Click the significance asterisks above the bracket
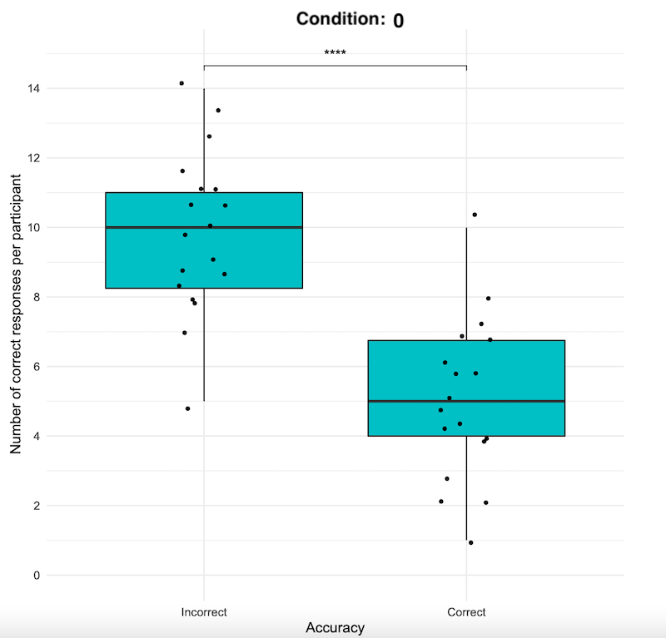pos(335,54)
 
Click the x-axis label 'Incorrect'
pos(204,612)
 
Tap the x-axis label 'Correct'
pos(466,612)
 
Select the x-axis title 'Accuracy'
pos(335,628)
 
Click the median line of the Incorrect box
pos(204,227)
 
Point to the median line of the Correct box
pos(466,401)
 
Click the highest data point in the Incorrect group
pos(181,83)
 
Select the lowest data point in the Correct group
pos(471,543)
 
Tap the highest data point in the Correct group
pos(475,215)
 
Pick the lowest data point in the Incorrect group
pos(188,408)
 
